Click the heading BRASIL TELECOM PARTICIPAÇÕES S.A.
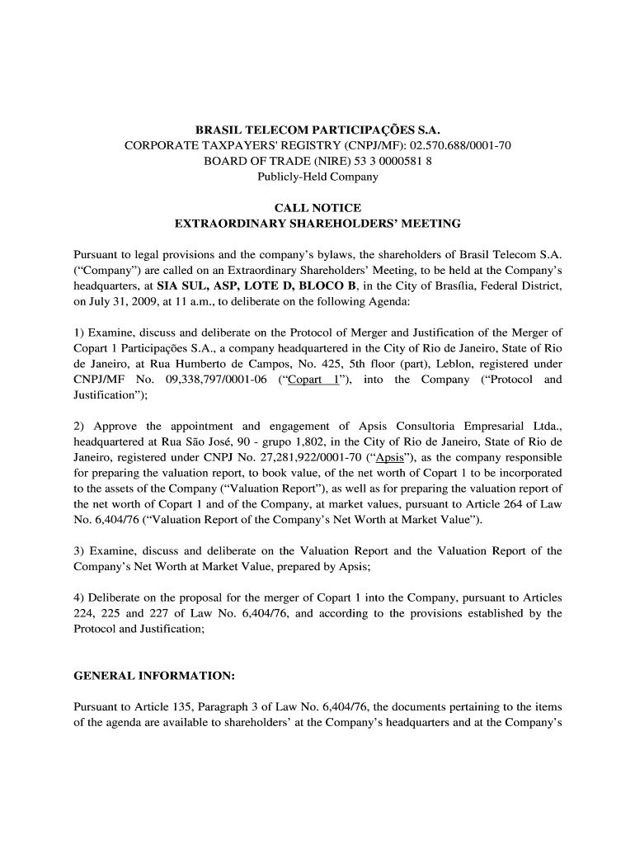[x=317, y=130]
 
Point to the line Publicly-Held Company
[x=317, y=177]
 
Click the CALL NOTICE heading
[x=317, y=208]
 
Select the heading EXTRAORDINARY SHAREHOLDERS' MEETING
[x=317, y=224]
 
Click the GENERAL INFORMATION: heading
[x=154, y=675]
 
